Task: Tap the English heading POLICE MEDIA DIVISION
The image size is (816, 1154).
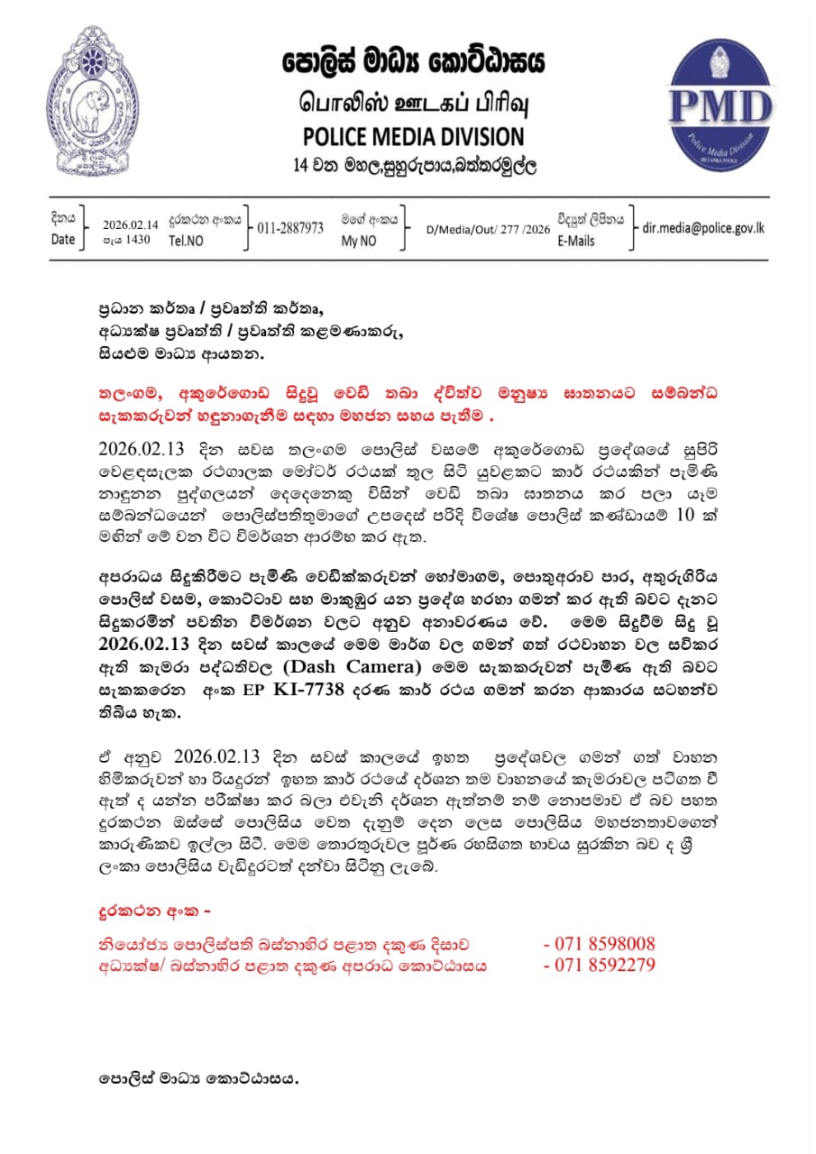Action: [413, 137]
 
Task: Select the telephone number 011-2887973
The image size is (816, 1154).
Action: [290, 228]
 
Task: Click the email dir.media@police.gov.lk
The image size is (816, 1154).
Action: [702, 227]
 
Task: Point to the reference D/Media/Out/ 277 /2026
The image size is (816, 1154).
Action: [488, 229]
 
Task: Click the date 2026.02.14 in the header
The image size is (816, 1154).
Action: [130, 224]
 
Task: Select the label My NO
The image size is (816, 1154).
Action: [358, 242]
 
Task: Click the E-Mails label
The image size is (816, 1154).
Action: [576, 242]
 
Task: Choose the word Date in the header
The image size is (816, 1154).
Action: [63, 241]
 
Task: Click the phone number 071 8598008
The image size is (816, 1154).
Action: [604, 945]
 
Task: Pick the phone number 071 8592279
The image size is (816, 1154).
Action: [604, 965]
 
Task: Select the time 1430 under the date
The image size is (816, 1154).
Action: [138, 240]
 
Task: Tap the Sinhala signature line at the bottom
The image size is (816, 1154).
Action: [198, 1078]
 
